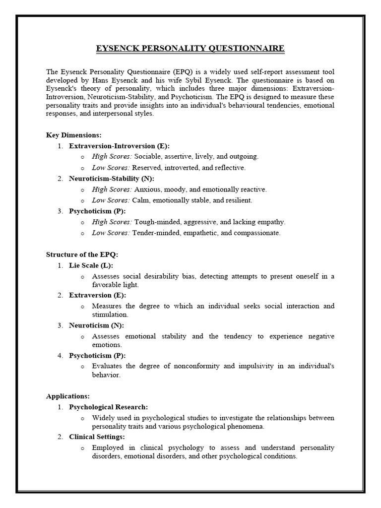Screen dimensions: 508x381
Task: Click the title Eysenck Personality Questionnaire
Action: tap(190, 48)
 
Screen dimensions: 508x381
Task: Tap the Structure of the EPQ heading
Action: tap(82, 254)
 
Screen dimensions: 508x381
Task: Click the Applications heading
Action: tap(68, 396)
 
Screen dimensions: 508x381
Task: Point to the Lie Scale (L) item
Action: tap(91, 265)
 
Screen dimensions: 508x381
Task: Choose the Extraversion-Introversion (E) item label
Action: tap(119, 146)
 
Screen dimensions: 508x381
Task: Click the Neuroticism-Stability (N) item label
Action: tap(112, 178)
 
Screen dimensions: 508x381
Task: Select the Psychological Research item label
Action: tap(108, 407)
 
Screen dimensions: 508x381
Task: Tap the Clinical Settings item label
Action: tap(97, 437)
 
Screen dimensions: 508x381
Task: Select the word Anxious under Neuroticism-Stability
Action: tap(147, 189)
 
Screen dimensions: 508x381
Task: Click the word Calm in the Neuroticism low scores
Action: tap(141, 200)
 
